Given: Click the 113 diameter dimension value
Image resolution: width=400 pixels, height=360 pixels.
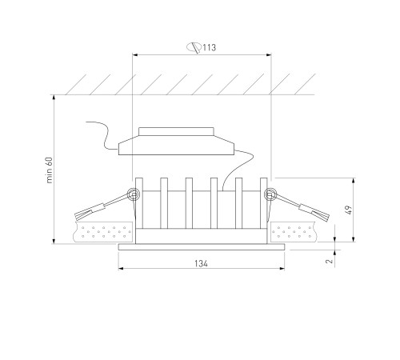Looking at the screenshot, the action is tap(209, 48).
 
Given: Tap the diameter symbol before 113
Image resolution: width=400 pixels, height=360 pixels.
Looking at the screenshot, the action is tap(194, 47).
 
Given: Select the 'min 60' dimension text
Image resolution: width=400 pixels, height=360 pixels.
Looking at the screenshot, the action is tap(50, 170).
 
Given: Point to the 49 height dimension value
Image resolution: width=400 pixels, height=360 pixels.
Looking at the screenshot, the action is tap(349, 210).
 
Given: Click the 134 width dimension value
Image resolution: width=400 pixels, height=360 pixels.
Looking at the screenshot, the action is tap(201, 263).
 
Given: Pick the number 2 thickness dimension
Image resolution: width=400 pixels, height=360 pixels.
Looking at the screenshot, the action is tap(330, 261).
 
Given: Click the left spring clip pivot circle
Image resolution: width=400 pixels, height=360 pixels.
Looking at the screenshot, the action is tap(134, 194).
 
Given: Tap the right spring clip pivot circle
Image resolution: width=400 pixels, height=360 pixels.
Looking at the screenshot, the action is tap(270, 194).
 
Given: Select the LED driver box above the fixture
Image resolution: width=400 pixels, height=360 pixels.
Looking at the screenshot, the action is tap(176, 142).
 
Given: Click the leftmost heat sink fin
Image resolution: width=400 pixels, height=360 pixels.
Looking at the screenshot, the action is tap(139, 203).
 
